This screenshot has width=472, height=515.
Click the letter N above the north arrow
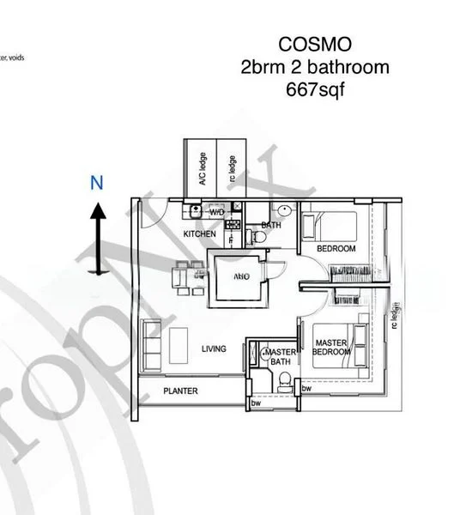[x=98, y=182]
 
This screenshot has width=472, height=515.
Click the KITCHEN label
[x=199, y=233]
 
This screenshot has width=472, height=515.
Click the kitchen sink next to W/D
[x=195, y=209]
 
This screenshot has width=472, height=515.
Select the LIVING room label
[x=214, y=349]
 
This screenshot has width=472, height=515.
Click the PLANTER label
[x=181, y=391]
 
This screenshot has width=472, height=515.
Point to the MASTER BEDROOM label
[x=330, y=348]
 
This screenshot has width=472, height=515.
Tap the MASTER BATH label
[x=279, y=357]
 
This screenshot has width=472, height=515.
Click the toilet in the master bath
[x=281, y=385]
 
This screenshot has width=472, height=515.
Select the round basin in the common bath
[x=284, y=211]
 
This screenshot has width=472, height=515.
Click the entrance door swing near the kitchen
[x=149, y=215]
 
